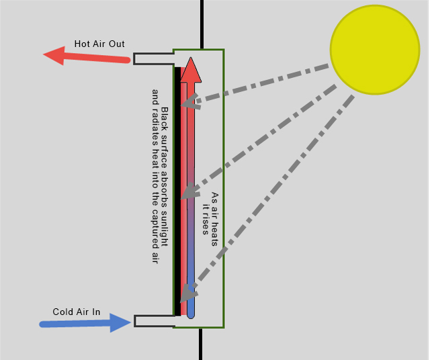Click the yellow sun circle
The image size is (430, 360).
pos(375,50)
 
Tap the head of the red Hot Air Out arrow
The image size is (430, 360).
pos(55,56)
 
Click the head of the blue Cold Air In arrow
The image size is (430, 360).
pos(120,322)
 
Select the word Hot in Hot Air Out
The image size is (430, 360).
pos(81,44)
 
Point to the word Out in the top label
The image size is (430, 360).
pos(116,44)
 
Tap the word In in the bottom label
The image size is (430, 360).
pos(96,312)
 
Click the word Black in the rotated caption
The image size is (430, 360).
pos(164,119)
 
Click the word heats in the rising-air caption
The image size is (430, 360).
pos(214,234)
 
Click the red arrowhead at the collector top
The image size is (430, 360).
pos(191,69)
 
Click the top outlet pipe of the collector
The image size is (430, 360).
pos(154,59)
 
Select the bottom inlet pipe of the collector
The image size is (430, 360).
pos(155,321)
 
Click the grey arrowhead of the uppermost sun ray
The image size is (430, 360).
pos(190,101)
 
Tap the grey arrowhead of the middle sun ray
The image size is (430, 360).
pos(190,191)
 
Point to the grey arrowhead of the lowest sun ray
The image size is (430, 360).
pos(188,293)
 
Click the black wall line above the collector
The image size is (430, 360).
pos(202,24)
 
